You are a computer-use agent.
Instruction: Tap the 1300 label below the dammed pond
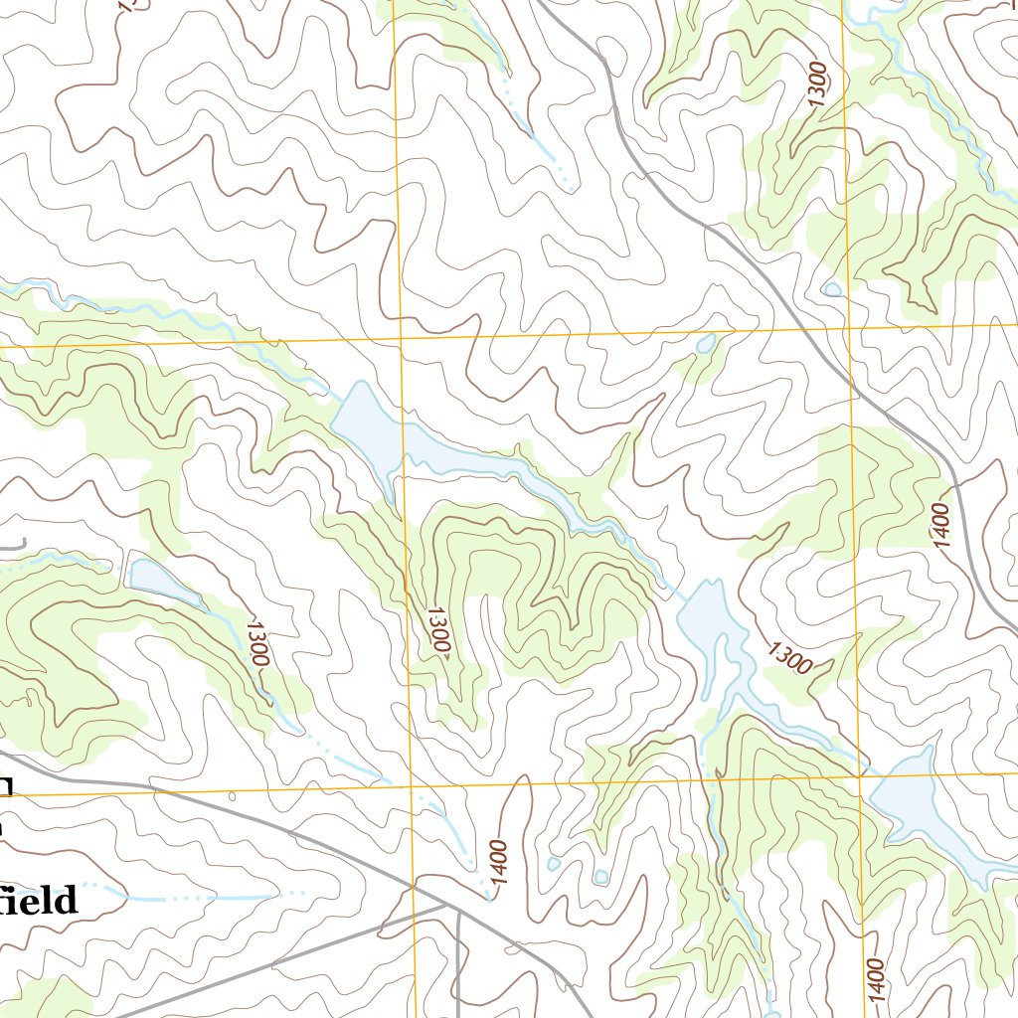tap(255, 643)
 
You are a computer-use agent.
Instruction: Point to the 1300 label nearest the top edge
tap(817, 85)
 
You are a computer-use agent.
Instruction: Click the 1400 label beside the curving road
tap(942, 524)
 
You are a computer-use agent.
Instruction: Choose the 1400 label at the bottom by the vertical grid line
tap(874, 978)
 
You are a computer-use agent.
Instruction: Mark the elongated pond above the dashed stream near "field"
tap(164, 581)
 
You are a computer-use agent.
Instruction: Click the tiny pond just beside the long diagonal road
tap(831, 289)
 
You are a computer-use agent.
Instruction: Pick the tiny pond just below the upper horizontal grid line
tap(705, 345)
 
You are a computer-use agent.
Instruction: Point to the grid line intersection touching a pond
tap(861, 774)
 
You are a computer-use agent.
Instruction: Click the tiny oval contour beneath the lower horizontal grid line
tap(232, 795)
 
